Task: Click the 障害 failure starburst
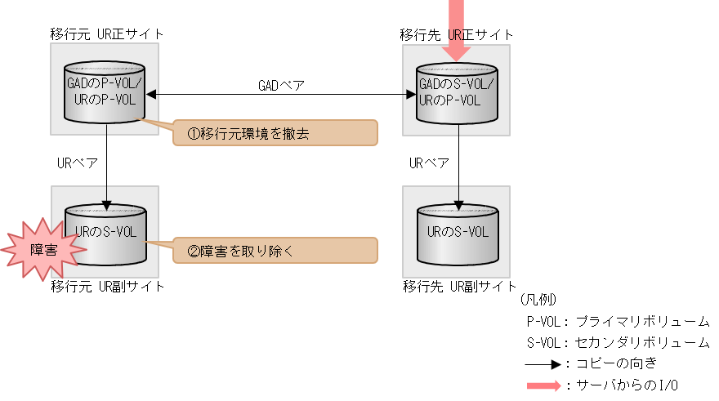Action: [x=42, y=249]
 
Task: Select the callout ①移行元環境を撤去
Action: [x=275, y=133]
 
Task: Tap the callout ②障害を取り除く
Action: [x=275, y=251]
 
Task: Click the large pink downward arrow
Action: [x=457, y=33]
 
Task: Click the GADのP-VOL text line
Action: [x=104, y=83]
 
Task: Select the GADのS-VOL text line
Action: [x=457, y=83]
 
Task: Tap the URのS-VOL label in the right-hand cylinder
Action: [x=458, y=232]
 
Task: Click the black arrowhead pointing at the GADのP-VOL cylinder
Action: [x=151, y=95]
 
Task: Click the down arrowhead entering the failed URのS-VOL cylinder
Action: [x=106, y=204]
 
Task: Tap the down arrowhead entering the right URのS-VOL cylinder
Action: [x=458, y=204]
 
